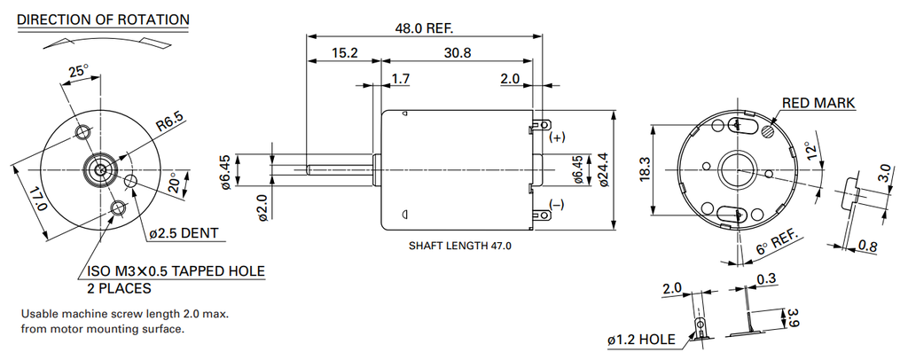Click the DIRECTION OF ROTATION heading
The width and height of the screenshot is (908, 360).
[x=103, y=20]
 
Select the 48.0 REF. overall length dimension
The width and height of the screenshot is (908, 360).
[x=424, y=27]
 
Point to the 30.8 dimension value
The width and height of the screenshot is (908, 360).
[x=458, y=53]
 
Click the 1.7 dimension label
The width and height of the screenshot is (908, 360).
[x=400, y=79]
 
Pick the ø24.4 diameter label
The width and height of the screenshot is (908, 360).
[x=603, y=168]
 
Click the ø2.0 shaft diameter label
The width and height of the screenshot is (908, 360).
[x=262, y=207]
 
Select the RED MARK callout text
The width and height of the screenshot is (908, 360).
[x=818, y=104]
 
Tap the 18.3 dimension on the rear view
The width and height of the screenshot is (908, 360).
[x=645, y=168]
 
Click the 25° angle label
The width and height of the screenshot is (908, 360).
[x=79, y=71]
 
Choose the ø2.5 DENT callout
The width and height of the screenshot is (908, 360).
[x=184, y=233]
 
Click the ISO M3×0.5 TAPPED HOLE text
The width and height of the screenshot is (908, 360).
[x=176, y=271]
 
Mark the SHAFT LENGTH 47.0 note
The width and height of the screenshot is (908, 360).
[x=460, y=246]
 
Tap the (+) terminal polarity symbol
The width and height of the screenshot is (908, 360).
[x=556, y=137]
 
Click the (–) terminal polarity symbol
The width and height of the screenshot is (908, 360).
[x=556, y=205]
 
